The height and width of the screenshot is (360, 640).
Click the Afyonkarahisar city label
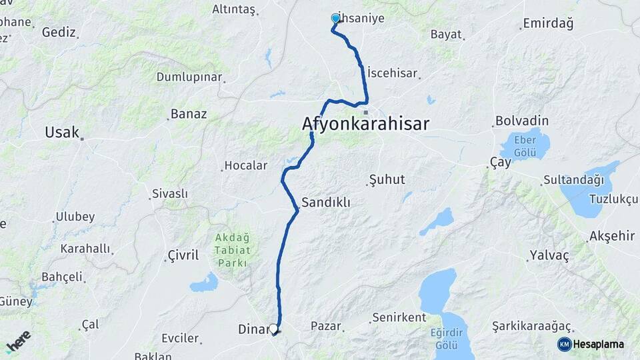tap(365, 124)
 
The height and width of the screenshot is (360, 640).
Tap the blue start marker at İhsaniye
tap(335, 19)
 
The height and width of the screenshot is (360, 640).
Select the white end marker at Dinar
tap(273, 329)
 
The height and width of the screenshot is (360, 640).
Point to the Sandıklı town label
tap(326, 201)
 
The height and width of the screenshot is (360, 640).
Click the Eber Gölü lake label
tap(525, 147)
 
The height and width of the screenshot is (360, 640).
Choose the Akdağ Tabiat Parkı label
tap(232, 250)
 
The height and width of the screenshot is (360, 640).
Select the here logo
tap(18, 341)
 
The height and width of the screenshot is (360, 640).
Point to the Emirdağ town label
tap(548, 23)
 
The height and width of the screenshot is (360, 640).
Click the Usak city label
tap(62, 132)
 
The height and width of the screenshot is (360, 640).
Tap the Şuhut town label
tap(387, 180)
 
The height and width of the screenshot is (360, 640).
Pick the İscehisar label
tap(392, 71)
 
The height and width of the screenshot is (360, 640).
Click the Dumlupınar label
tap(189, 77)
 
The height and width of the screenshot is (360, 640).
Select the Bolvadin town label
tap(521, 121)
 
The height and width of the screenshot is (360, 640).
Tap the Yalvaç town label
tap(549, 255)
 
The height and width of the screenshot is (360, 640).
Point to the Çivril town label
tap(183, 255)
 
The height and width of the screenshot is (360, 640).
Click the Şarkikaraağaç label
tap(532, 326)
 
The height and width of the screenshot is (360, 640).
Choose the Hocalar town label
tap(245, 165)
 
